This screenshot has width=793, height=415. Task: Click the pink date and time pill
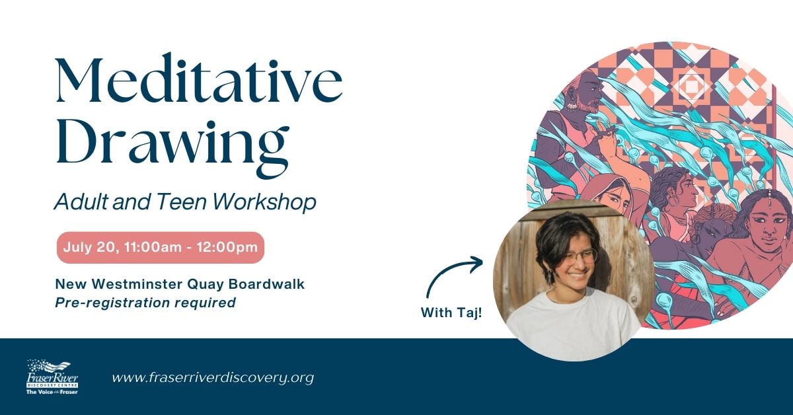point(160,248)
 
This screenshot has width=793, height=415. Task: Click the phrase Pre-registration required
point(145,303)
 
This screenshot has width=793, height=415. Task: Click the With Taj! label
point(451,312)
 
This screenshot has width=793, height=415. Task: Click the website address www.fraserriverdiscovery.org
point(212,378)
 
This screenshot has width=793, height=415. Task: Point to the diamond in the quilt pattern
point(691,86)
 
